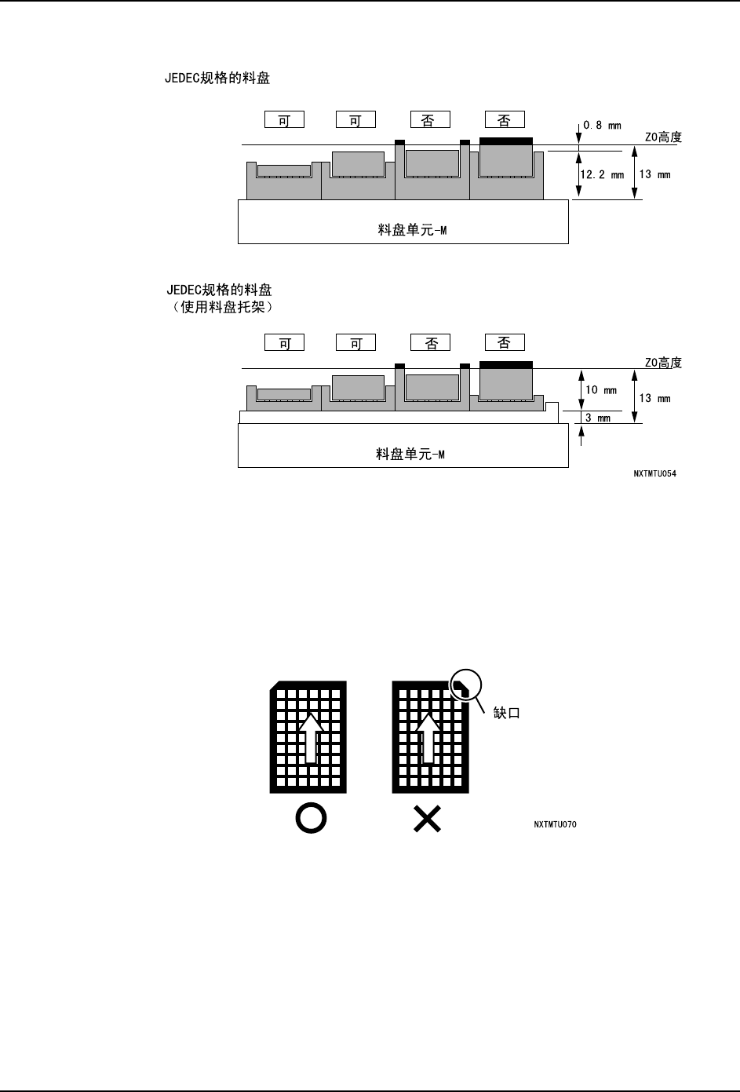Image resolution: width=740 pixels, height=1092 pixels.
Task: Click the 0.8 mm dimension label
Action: pyautogui.click(x=602, y=125)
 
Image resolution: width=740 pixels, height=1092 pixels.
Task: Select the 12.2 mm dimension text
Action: pyautogui.click(x=602, y=175)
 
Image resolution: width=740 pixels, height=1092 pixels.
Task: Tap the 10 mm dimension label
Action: pyautogui.click(x=601, y=390)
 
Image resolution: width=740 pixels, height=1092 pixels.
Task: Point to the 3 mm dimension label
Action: pyautogui.click(x=598, y=418)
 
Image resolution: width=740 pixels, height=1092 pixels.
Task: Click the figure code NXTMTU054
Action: pyautogui.click(x=654, y=474)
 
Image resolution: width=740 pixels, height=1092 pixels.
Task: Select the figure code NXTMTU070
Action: pyautogui.click(x=555, y=824)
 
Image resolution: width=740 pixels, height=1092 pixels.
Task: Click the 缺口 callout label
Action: pyautogui.click(x=506, y=713)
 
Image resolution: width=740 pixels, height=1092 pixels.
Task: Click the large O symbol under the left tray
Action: pyautogui.click(x=311, y=819)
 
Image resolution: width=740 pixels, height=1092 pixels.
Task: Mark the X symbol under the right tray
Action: pyautogui.click(x=427, y=820)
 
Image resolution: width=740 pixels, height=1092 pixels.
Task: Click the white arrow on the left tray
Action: pyautogui.click(x=311, y=736)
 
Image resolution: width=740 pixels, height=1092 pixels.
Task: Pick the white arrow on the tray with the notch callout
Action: pyautogui.click(x=428, y=736)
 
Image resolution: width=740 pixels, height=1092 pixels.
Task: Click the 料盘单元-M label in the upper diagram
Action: pyautogui.click(x=412, y=231)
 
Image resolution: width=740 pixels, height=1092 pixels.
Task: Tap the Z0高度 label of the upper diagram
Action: pyautogui.click(x=663, y=137)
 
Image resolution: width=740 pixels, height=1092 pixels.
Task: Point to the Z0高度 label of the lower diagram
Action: pyautogui.click(x=663, y=363)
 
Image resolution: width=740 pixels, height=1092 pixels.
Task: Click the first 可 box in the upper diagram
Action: pyautogui.click(x=284, y=120)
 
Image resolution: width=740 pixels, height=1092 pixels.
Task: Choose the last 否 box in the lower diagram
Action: pyautogui.click(x=505, y=343)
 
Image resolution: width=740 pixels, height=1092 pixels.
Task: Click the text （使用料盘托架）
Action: pyautogui.click(x=221, y=307)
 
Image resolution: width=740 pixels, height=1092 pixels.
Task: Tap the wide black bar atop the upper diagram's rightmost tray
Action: pyautogui.click(x=505, y=141)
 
